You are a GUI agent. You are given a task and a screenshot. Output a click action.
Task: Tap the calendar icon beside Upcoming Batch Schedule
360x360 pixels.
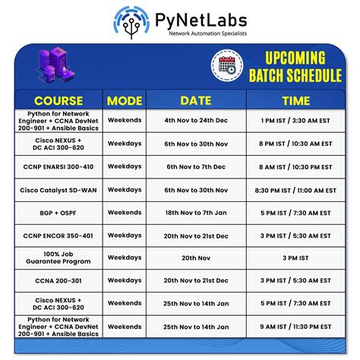(x=227, y=65)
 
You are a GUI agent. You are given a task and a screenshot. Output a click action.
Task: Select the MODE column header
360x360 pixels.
(x=124, y=100)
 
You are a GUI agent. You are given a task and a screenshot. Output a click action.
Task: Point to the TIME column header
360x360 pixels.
(x=295, y=100)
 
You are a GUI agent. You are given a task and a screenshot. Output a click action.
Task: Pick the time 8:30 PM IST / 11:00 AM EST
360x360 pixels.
(x=295, y=190)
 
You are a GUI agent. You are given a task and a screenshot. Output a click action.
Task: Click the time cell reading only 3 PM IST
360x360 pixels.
(x=295, y=257)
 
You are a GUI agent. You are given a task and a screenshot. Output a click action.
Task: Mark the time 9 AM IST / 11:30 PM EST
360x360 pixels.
(x=295, y=326)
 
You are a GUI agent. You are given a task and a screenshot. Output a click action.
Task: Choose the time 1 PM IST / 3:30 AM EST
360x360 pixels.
(x=295, y=120)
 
